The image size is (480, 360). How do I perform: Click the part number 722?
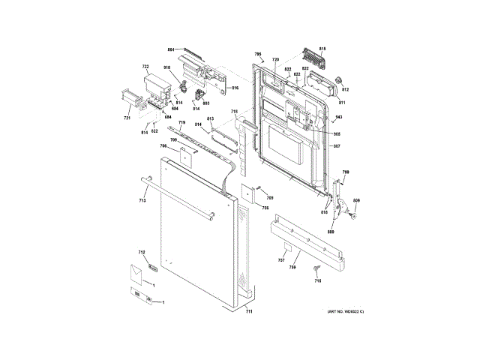click(145, 67)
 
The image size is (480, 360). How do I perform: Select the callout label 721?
click(127, 118)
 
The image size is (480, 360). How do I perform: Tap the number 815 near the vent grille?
click(323, 49)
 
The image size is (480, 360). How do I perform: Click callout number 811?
click(341, 102)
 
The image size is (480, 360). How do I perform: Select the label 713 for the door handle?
click(142, 200)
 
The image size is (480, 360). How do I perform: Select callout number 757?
click(281, 260)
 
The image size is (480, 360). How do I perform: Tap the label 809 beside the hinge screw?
click(356, 200)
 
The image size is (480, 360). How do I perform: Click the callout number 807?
click(337, 145)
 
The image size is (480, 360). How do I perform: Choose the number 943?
click(338, 118)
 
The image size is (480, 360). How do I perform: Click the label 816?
click(234, 88)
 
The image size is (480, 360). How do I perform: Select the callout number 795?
click(257, 55)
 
